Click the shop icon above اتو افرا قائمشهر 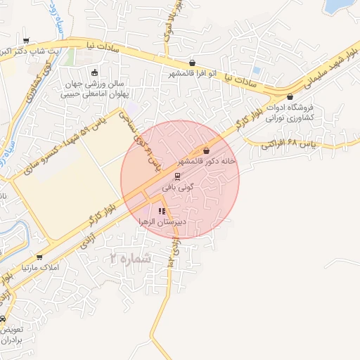point(193,63)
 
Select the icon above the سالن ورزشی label point(95,72)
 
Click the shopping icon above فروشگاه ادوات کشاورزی point(290,97)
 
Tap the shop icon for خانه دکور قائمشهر point(206,150)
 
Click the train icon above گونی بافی point(177,176)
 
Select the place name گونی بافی point(177,188)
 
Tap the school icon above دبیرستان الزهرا point(162,211)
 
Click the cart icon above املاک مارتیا point(39,257)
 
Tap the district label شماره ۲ point(130,259)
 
